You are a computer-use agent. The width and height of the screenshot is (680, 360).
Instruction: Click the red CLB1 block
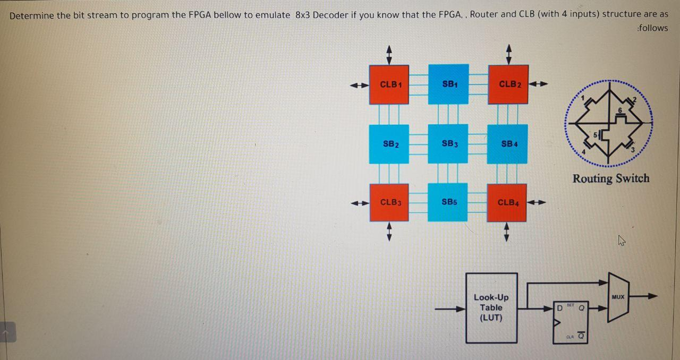(389, 84)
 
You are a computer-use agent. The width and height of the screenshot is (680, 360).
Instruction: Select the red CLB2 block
(508, 84)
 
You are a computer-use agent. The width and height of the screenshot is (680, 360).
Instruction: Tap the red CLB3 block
(389, 202)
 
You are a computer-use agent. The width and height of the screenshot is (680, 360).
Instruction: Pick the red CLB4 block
(507, 202)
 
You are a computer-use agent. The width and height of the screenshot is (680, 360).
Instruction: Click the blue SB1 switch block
(448, 84)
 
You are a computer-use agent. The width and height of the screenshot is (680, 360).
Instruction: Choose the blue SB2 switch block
(389, 144)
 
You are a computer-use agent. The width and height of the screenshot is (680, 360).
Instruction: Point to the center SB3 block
(448, 144)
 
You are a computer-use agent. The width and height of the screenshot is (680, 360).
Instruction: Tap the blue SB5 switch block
(448, 202)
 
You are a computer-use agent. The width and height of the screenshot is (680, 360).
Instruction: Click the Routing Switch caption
(610, 178)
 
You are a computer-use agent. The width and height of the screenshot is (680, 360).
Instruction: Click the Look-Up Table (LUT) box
(491, 308)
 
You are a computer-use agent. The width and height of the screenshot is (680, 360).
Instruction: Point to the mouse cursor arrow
(621, 242)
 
